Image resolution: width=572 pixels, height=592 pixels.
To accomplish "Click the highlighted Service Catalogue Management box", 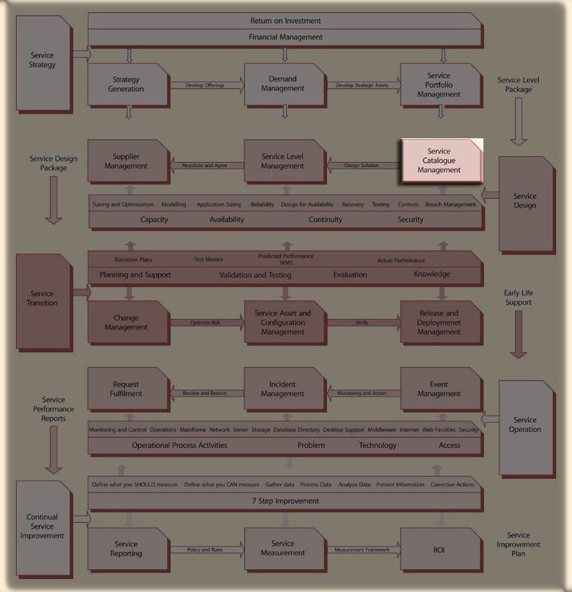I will coord(439,161).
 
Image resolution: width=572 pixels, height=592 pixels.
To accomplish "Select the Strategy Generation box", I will coord(128,84).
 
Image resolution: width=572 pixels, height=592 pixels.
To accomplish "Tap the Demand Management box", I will coord(283,84).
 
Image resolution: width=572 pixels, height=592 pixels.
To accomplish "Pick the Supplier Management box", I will coord(128,161).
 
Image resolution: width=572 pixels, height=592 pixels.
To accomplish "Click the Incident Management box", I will coord(283,389).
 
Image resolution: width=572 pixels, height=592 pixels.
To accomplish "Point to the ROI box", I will coord(439,550).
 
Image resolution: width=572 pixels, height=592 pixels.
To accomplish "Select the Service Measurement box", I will coord(283,549).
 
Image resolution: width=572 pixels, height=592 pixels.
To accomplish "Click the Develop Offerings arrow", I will coord(206,85).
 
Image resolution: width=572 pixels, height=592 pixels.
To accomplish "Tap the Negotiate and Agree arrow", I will coord(205,166).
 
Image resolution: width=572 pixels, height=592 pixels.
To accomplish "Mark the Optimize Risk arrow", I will coord(206,323).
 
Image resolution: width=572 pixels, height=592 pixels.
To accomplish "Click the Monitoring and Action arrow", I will coord(362,393).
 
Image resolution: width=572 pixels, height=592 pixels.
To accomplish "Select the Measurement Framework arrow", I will coord(362,550).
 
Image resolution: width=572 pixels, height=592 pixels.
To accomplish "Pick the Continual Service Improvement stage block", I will coord(43,526).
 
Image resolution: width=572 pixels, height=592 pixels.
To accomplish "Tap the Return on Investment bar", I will coord(285,21).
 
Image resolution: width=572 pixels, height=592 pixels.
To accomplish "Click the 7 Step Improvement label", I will coord(285,501).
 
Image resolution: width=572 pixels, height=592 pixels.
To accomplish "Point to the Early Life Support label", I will coord(519,297).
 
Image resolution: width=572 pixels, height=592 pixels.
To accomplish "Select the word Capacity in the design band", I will coord(154,220).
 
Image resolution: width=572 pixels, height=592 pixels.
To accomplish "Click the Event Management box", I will coord(439,389).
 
